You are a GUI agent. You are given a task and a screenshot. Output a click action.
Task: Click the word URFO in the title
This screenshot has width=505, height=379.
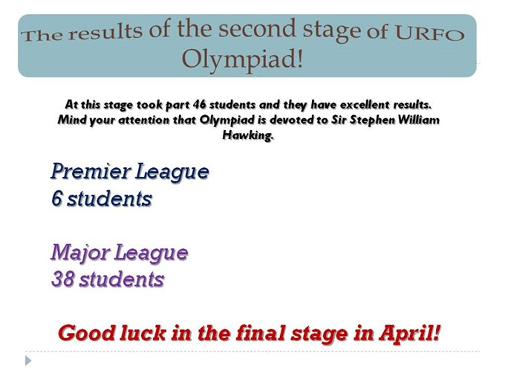(x=429, y=33)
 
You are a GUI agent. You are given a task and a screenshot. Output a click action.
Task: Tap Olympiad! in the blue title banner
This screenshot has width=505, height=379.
(x=242, y=59)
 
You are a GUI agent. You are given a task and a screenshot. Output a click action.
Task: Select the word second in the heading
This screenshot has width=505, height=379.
(x=257, y=28)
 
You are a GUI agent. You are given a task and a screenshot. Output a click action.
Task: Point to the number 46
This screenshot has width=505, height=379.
(x=199, y=105)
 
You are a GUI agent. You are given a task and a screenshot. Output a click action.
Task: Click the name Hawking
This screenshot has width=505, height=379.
(x=248, y=135)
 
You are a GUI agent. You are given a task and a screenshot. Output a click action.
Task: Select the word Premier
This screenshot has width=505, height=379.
(x=91, y=171)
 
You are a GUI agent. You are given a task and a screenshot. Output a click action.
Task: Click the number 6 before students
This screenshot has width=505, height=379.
(x=56, y=198)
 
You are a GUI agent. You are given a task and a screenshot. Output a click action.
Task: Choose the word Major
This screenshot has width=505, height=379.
(x=80, y=253)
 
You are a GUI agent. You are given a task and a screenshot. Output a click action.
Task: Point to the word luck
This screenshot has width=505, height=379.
(x=143, y=333)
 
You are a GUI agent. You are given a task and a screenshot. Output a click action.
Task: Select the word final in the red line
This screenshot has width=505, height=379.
(x=261, y=333)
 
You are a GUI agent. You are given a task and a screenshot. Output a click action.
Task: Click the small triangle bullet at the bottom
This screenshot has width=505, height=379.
(x=28, y=360)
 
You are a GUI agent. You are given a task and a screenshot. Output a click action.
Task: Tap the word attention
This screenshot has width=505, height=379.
(x=144, y=120)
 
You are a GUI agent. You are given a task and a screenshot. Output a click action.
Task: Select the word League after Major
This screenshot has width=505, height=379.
(x=151, y=253)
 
